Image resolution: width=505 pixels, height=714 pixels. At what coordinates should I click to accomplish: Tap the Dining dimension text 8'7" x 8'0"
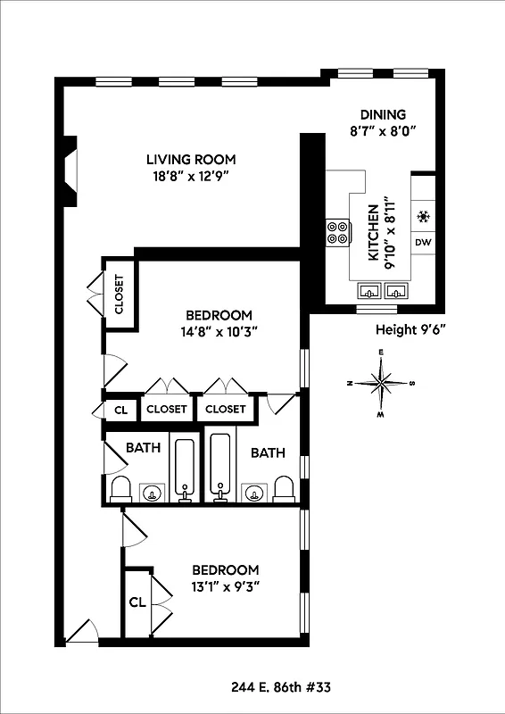(383, 130)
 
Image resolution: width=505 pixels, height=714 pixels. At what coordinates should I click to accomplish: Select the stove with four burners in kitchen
(338, 232)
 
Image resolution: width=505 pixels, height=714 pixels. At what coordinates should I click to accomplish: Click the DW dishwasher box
(423, 243)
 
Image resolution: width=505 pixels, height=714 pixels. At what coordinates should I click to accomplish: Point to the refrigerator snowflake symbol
(423, 216)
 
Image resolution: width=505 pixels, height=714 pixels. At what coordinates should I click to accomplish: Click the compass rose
(382, 384)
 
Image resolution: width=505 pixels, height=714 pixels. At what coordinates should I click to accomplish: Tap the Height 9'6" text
(410, 329)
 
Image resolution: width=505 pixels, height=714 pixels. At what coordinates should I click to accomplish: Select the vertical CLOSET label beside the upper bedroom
(119, 295)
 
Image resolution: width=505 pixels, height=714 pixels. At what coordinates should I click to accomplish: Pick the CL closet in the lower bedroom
(137, 602)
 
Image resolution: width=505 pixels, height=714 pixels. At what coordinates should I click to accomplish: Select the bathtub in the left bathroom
(186, 468)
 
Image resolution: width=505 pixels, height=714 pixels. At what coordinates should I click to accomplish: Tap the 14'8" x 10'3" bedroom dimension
(219, 331)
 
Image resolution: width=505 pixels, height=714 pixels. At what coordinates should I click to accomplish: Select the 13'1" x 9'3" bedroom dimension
(226, 586)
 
